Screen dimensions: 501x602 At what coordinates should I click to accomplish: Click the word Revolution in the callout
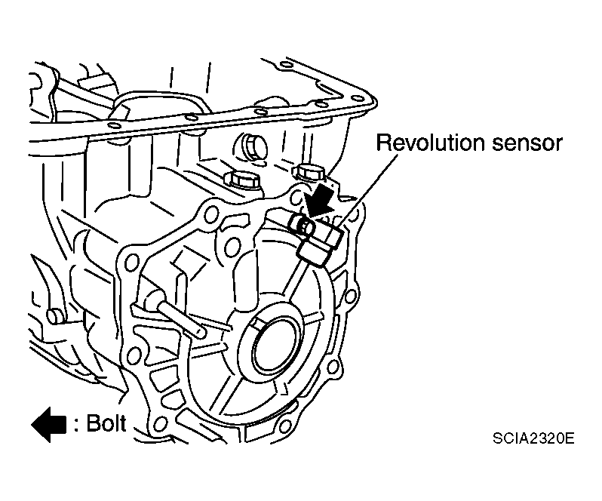pyautogui.click(x=422, y=143)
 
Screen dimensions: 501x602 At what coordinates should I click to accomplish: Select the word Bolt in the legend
pyautogui.click(x=106, y=423)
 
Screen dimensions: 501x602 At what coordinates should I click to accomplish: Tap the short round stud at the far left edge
pyautogui.click(x=52, y=315)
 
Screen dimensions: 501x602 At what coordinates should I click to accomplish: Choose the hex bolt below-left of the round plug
pyautogui.click(x=242, y=180)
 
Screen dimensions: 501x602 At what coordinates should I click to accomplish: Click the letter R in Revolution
pyautogui.click(x=383, y=143)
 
